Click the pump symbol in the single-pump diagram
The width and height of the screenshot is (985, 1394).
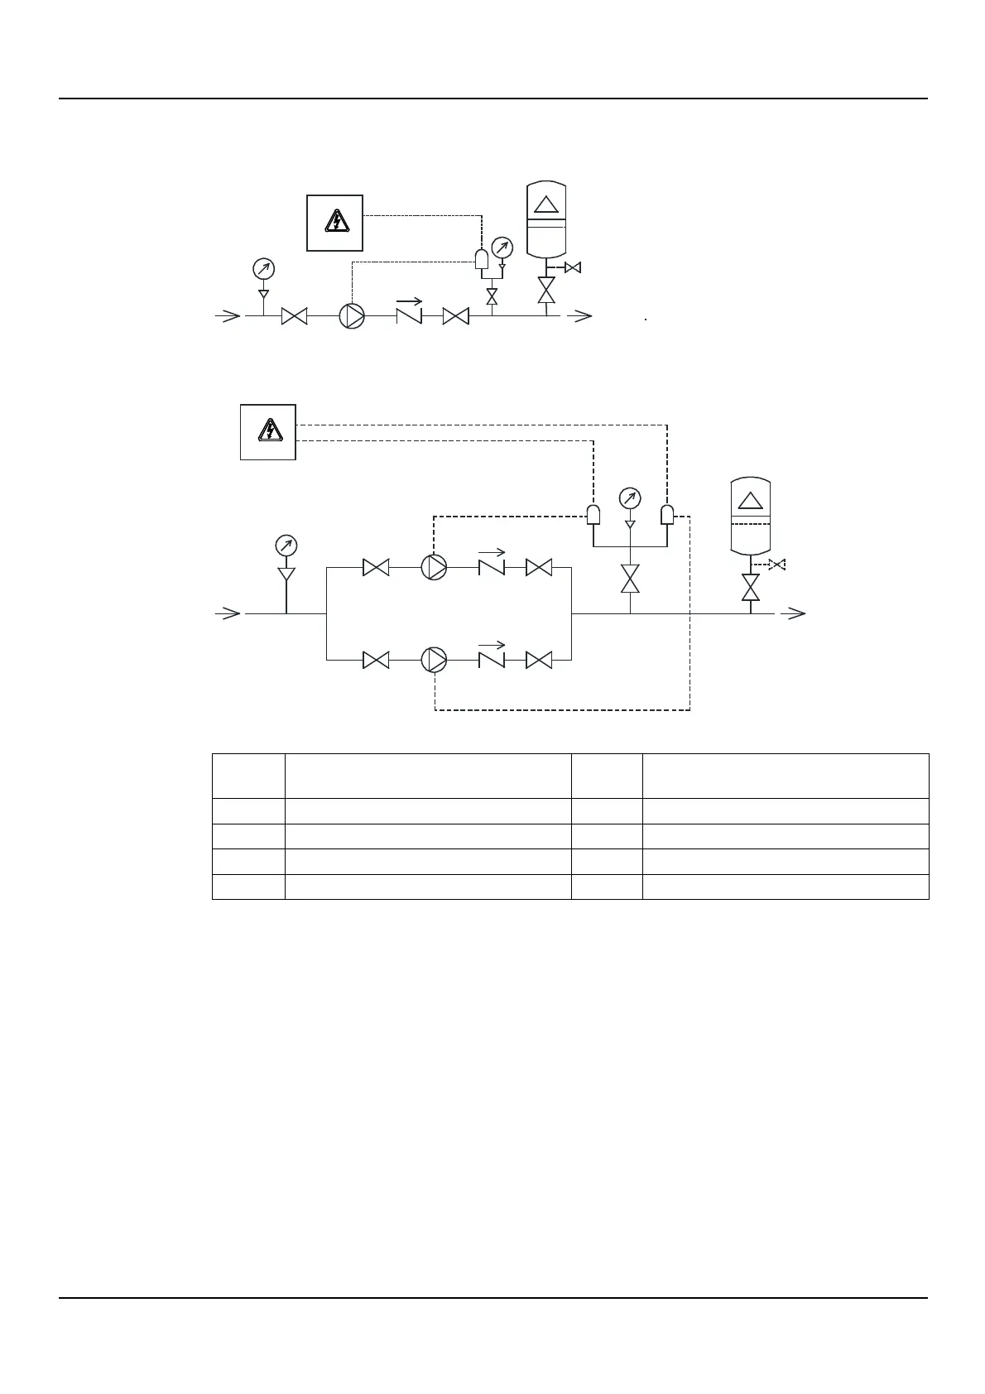click(352, 316)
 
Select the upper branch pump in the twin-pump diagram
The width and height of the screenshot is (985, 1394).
click(434, 567)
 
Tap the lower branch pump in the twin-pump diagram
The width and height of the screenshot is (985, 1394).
click(434, 660)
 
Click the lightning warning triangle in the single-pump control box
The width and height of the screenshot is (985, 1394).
click(335, 222)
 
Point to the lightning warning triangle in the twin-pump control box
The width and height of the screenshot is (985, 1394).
click(268, 431)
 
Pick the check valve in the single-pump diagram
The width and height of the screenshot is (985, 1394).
click(409, 315)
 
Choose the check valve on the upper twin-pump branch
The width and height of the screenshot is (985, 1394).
click(491, 567)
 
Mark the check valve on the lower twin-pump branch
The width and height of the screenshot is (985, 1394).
click(491, 660)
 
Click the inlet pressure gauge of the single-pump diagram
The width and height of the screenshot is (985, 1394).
click(263, 269)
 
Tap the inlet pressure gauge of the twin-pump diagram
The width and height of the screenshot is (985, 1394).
click(286, 546)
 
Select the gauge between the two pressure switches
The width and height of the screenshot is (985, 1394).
click(630, 498)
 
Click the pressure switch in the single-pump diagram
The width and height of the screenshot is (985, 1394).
click(482, 259)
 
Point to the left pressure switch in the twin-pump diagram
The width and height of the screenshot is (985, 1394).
click(593, 515)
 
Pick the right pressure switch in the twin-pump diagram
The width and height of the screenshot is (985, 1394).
click(667, 515)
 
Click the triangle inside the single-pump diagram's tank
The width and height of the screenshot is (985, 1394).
click(546, 204)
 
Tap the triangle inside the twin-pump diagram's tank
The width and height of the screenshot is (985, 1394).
click(750, 500)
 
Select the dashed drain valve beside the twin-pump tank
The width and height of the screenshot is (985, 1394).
click(776, 565)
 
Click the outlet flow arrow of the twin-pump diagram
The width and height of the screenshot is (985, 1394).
click(795, 613)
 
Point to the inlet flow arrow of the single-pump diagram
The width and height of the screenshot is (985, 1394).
click(228, 315)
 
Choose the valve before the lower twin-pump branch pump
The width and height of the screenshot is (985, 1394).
click(377, 660)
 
